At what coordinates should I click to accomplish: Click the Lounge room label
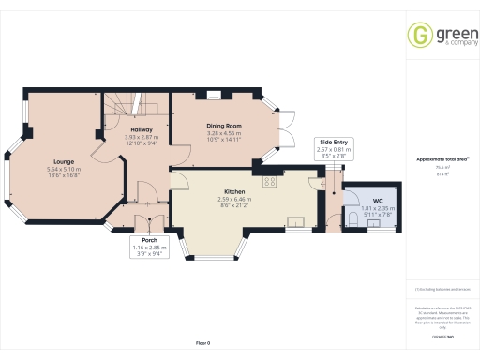(65, 160)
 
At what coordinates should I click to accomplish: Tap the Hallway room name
(141, 129)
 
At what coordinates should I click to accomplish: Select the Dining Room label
(224, 126)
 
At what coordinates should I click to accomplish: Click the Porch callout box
(144, 247)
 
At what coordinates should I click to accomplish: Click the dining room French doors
(282, 132)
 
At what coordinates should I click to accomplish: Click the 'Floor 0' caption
(202, 343)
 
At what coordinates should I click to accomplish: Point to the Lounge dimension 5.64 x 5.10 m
(65, 169)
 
